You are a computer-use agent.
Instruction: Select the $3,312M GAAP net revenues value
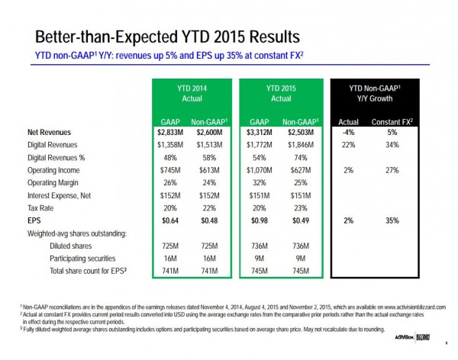point(258,133)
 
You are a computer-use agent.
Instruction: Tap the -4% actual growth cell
point(348,133)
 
